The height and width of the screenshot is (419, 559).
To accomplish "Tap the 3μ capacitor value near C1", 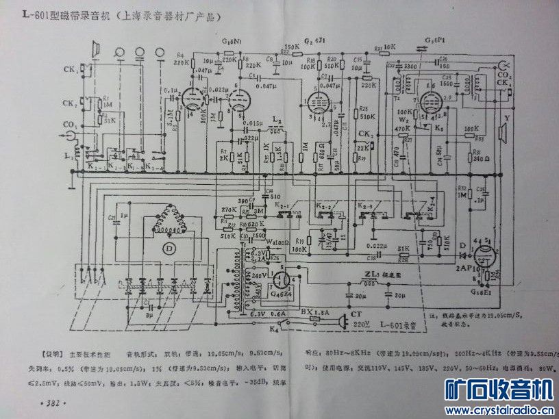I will (x=149, y=318).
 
